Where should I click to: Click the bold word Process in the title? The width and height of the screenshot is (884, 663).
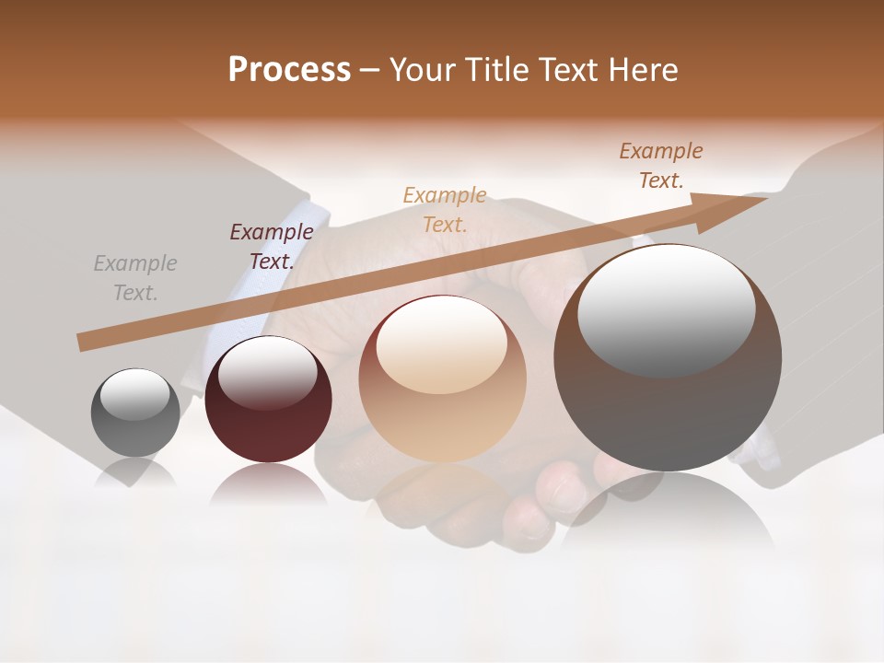click(x=289, y=70)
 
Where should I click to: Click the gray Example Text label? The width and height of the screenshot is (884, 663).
click(x=135, y=278)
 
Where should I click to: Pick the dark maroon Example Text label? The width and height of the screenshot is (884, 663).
click(x=271, y=246)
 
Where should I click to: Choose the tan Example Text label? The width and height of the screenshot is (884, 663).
click(x=444, y=209)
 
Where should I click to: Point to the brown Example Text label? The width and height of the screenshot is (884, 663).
click(x=660, y=166)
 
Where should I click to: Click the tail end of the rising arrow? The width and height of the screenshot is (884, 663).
click(x=83, y=342)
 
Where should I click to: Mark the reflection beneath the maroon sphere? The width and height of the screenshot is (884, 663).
click(x=268, y=484)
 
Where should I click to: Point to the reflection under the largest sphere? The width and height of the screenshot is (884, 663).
click(x=667, y=506)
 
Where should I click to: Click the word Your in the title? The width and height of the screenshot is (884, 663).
click(x=425, y=70)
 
